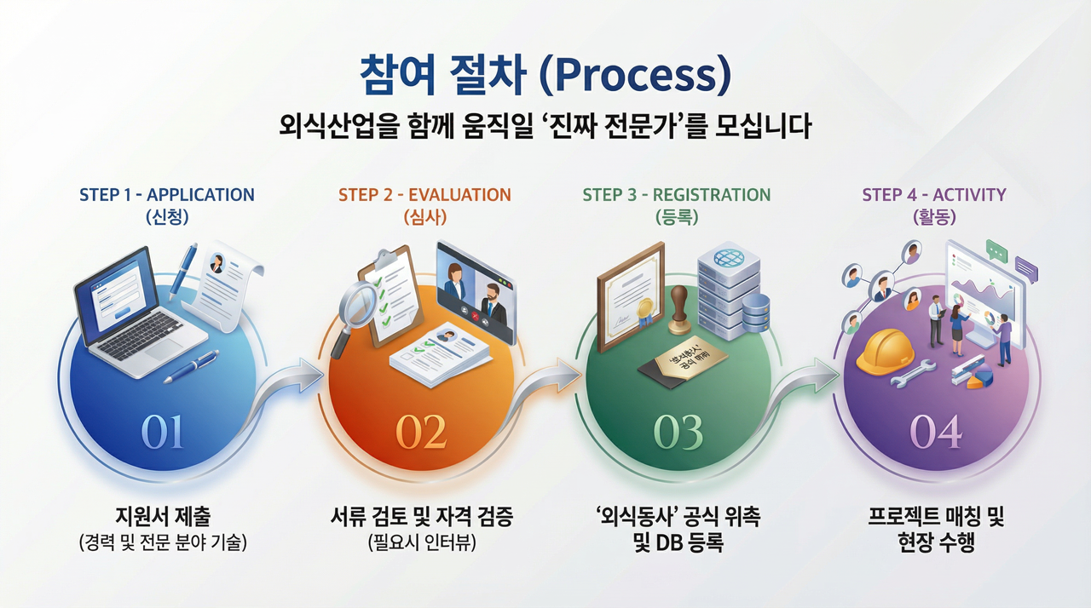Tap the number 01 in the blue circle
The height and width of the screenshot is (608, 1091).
pyautogui.click(x=162, y=433)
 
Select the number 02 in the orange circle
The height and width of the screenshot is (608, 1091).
pyautogui.click(x=421, y=433)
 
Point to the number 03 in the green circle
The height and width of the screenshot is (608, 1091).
pyautogui.click(x=678, y=433)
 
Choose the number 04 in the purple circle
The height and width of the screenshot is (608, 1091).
pyautogui.click(x=935, y=433)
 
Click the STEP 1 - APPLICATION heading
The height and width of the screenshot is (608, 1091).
pyautogui.click(x=167, y=195)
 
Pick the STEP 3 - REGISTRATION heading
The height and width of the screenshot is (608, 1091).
pyautogui.click(x=677, y=195)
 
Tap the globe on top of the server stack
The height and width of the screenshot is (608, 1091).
pyautogui.click(x=729, y=256)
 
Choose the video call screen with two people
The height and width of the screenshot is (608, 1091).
pyautogui.click(x=476, y=289)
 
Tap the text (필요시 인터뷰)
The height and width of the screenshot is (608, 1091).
pyautogui.click(x=421, y=542)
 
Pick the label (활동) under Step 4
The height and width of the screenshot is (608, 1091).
pyautogui.click(x=933, y=217)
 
